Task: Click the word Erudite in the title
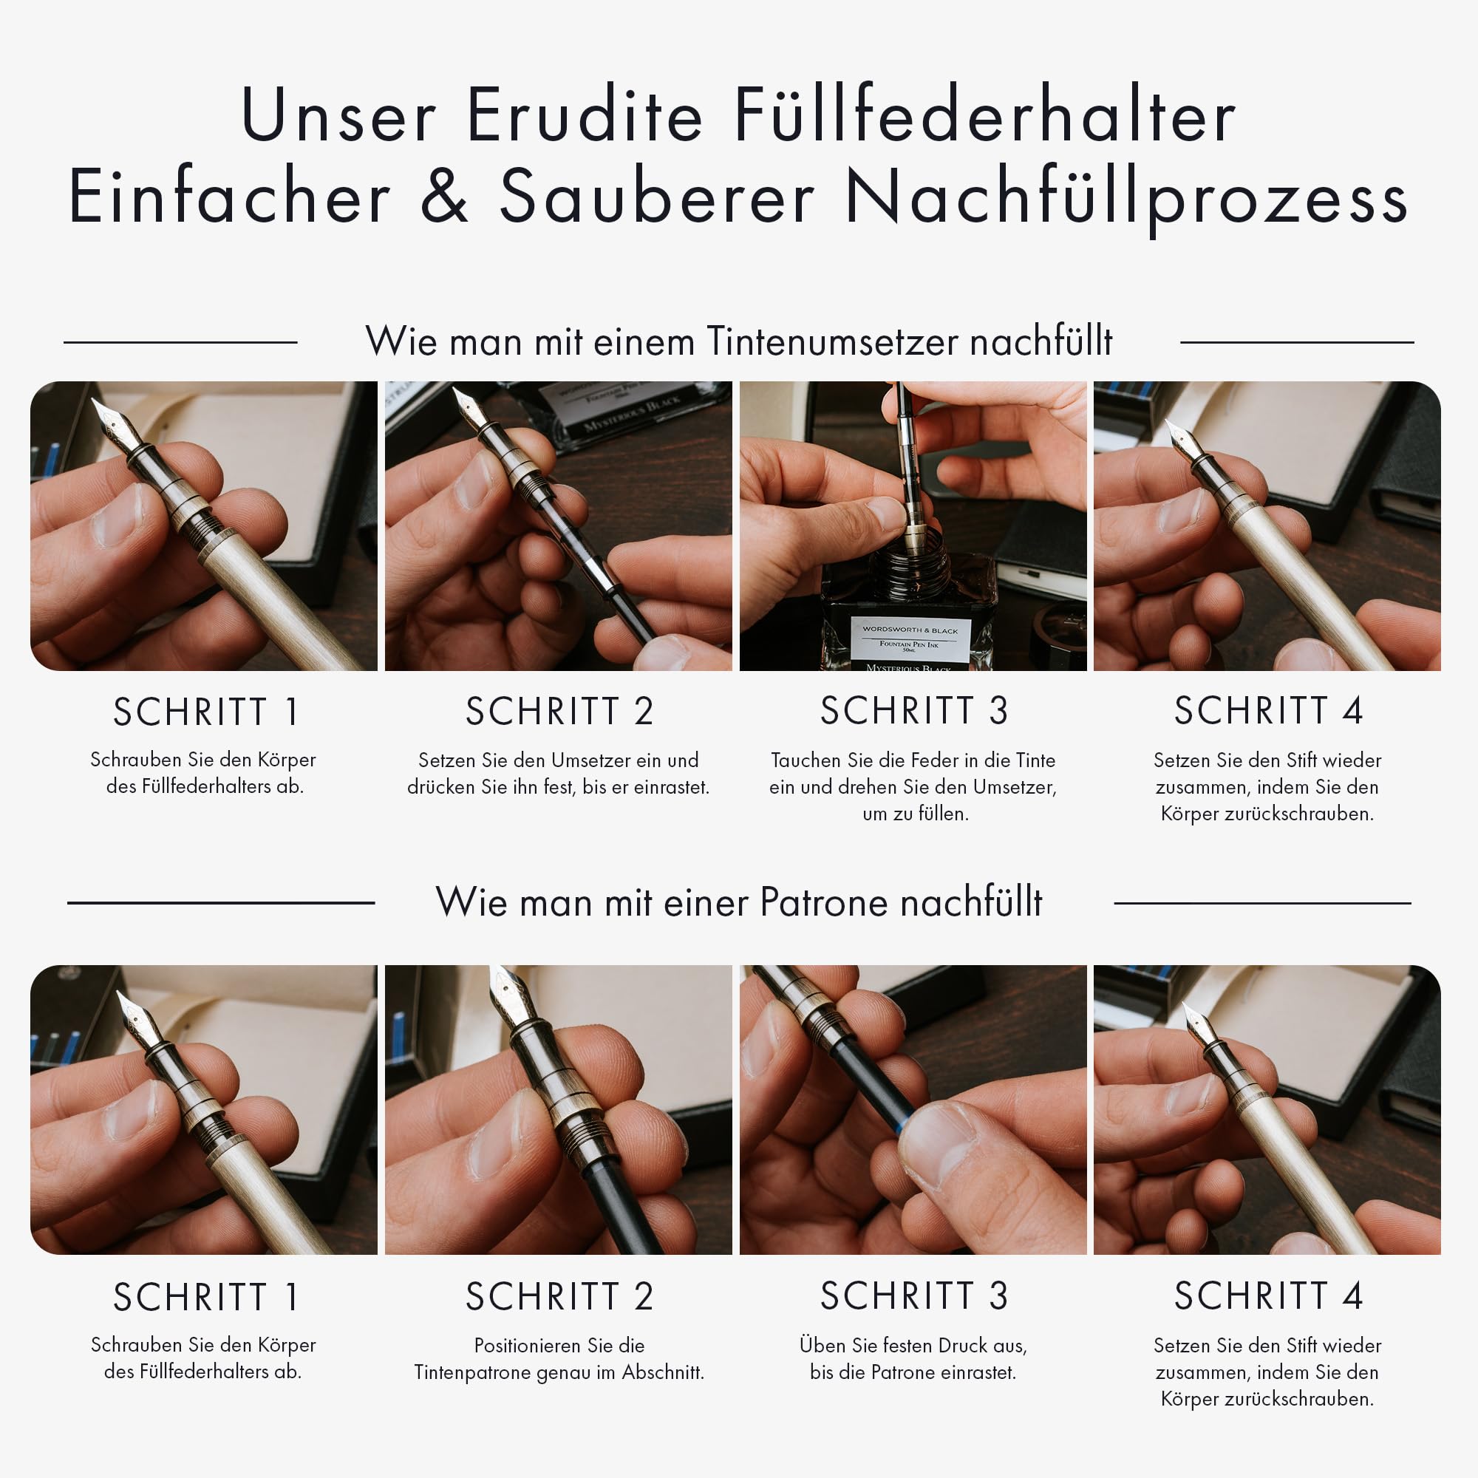point(584,116)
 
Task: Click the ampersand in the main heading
point(444,197)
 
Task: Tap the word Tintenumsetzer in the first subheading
point(831,341)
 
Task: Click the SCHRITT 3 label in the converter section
point(913,711)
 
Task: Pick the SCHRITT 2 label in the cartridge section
point(559,1296)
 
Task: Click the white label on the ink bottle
point(910,638)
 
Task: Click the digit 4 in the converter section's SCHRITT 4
point(1352,711)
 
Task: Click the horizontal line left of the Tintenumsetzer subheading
point(180,343)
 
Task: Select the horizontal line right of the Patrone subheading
point(1261,904)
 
